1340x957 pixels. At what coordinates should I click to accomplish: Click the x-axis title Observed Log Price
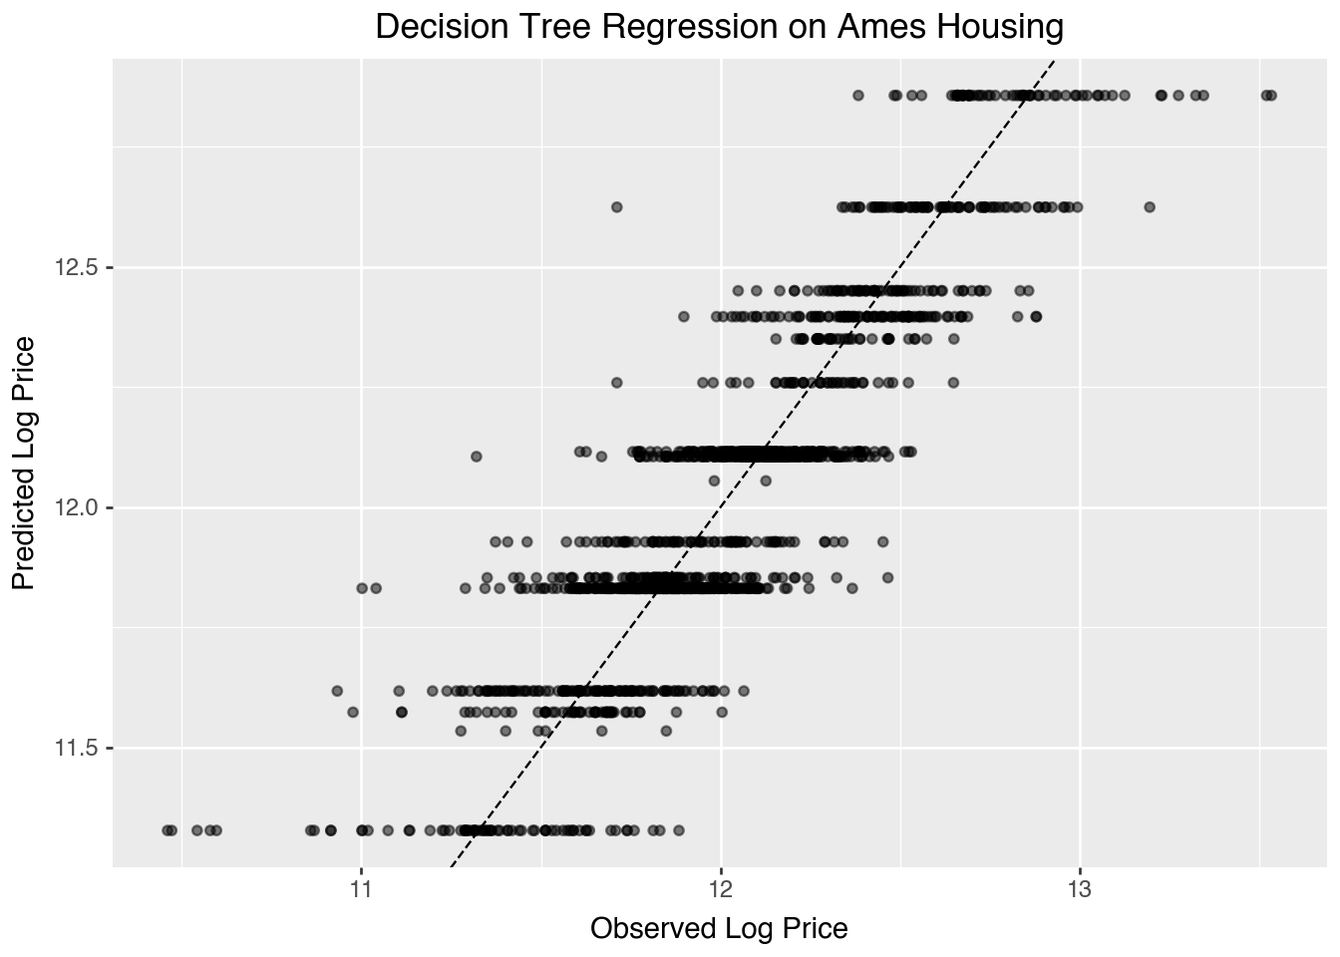point(719,929)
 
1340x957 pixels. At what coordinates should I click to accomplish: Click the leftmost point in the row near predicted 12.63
point(616,207)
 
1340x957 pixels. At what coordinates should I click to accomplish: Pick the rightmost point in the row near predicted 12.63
point(1150,207)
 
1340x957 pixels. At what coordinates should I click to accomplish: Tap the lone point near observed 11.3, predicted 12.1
point(476,457)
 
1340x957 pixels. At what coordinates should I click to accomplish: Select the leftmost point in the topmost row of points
point(858,96)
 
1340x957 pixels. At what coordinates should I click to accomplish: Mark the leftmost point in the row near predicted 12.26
point(616,383)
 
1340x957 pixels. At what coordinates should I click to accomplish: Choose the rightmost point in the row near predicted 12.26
point(953,383)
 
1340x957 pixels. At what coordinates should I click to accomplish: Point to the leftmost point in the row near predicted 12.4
point(683,317)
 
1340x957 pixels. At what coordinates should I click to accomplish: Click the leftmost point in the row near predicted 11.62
point(337,691)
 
